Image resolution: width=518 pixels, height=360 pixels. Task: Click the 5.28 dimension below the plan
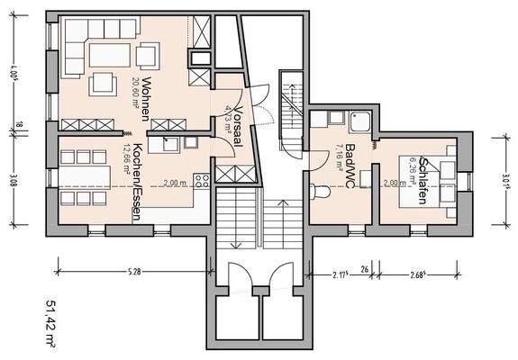132,270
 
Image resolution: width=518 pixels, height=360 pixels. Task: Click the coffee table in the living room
146,56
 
